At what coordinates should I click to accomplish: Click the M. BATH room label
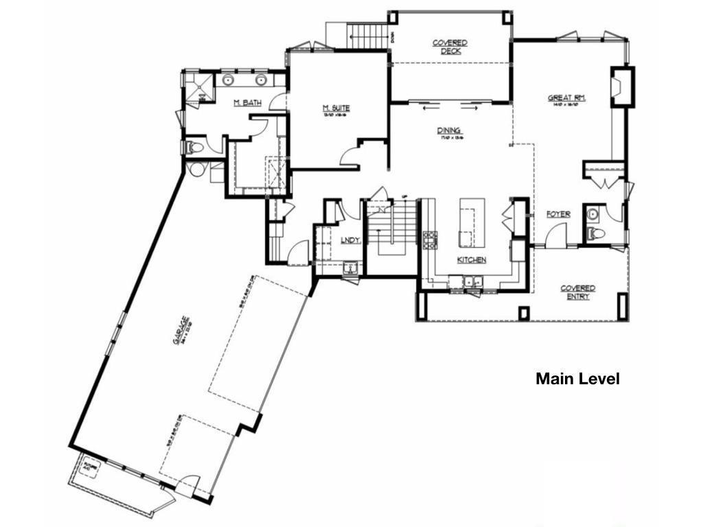247,103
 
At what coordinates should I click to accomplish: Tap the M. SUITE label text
336,108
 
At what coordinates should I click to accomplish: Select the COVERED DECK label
450,47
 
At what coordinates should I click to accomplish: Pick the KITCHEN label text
472,260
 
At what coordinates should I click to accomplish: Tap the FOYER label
558,215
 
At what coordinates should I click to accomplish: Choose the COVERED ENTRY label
577,292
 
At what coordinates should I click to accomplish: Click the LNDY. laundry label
351,239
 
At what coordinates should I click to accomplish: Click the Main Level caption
577,379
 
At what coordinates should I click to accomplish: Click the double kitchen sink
472,281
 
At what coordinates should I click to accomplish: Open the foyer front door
556,237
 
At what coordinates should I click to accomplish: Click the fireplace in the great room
619,86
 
